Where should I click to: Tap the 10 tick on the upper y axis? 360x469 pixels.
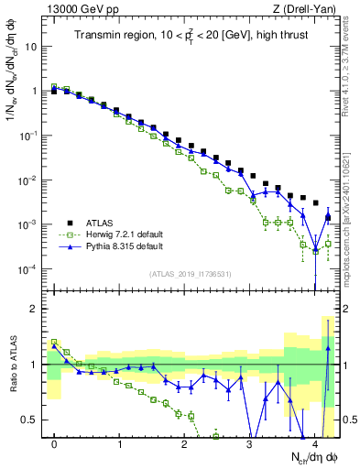pos(30,47)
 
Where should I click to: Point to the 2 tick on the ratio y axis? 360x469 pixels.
pos(34,309)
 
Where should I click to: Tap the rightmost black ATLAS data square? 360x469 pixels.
pos(315,203)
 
